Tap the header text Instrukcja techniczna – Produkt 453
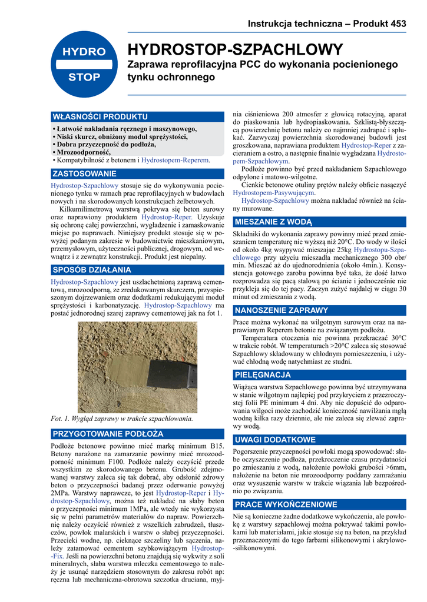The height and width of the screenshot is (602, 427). coord(327,24)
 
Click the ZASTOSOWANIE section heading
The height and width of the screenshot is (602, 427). coord(85,174)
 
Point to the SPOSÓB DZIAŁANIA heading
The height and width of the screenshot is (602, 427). coord(92,270)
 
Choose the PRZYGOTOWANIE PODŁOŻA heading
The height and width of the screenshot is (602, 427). coord(108,434)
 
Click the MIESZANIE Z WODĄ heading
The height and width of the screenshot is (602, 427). coord(273,222)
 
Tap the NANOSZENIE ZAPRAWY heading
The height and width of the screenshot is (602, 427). coord(282,310)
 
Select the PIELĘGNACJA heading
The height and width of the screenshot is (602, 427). coord(263,374)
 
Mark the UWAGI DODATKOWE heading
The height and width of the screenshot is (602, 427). coord(275,440)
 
